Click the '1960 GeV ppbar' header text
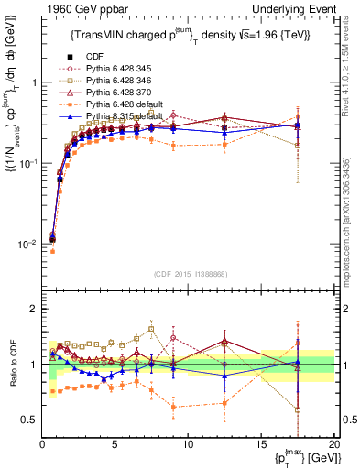[x=82, y=8]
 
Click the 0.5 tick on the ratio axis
[x=30, y=420]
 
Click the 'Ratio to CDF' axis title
[x=14, y=365]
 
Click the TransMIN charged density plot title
[x=188, y=36]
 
